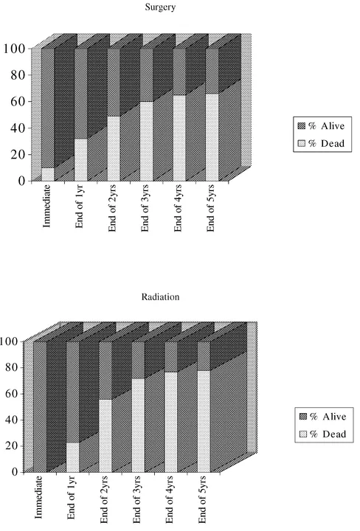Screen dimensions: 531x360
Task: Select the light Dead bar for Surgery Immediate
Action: click(x=48, y=175)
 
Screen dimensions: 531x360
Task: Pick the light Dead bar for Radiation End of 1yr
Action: click(x=72, y=457)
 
